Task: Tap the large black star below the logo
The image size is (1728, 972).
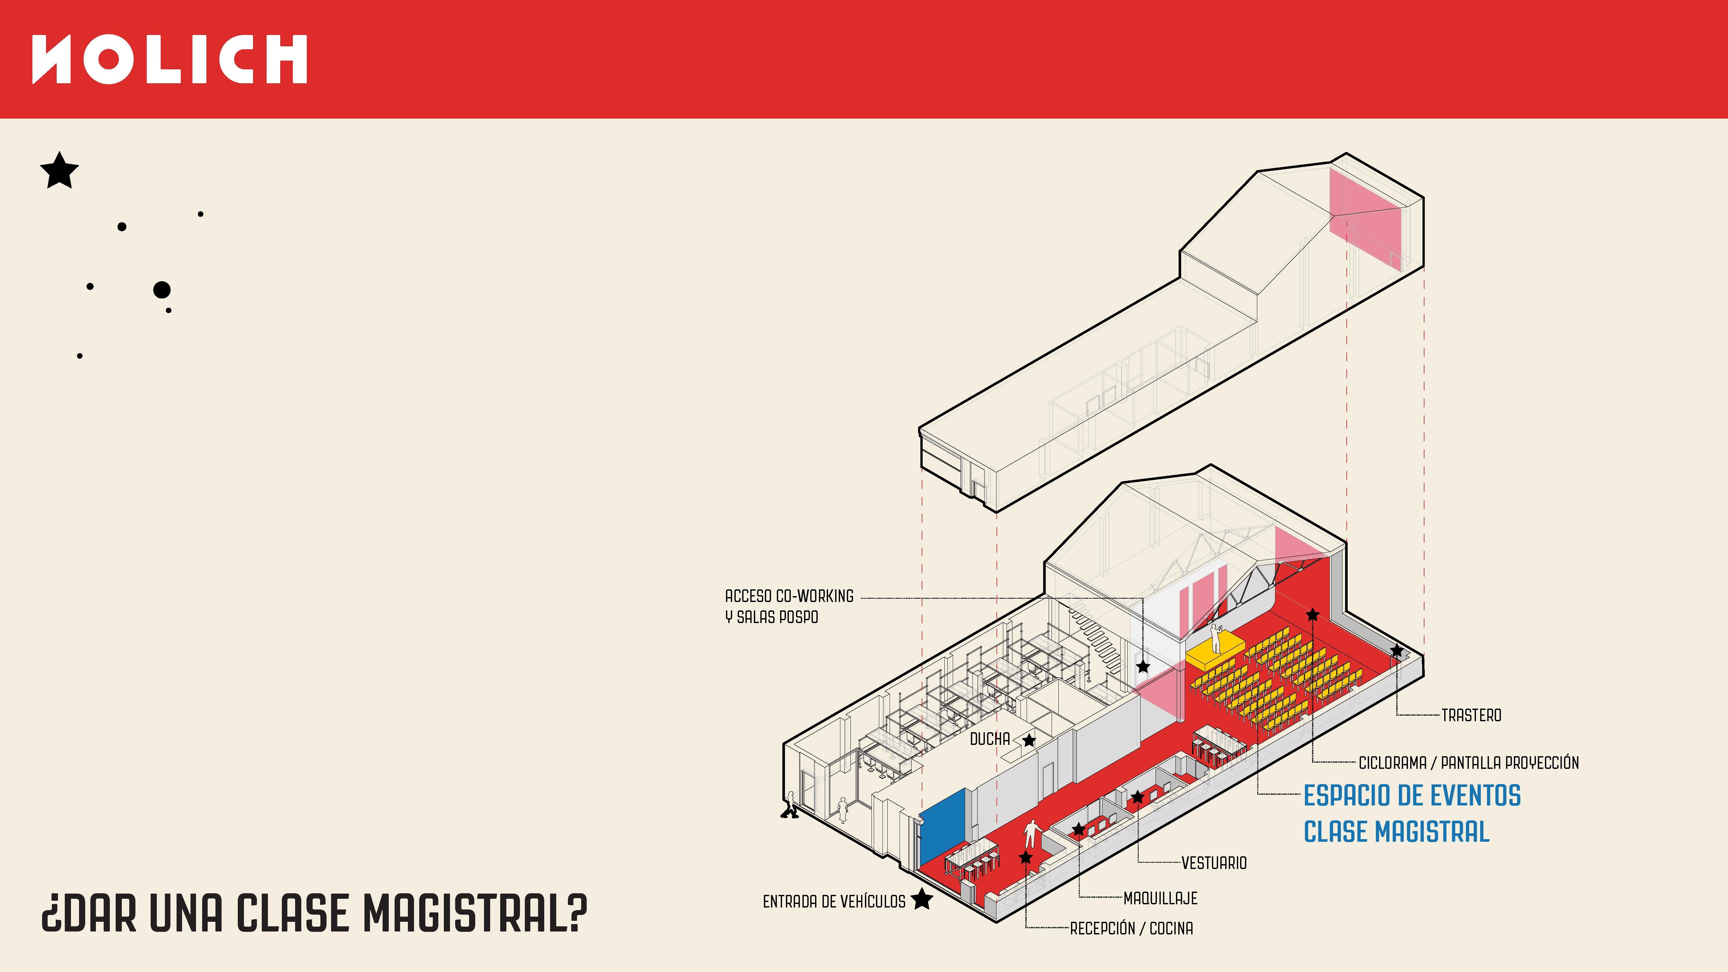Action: [x=60, y=170]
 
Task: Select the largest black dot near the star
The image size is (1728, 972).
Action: [x=162, y=290]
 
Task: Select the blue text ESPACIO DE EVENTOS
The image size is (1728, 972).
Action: [x=1412, y=795]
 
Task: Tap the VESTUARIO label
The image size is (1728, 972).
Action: [x=1214, y=863]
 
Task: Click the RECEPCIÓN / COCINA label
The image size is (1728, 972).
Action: [x=1132, y=928]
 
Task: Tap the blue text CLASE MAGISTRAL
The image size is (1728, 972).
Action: [x=1397, y=832]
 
